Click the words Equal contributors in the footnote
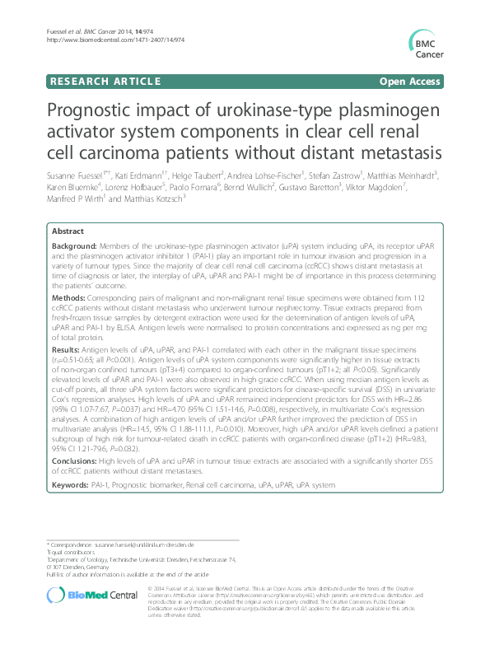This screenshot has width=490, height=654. pos(75,552)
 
